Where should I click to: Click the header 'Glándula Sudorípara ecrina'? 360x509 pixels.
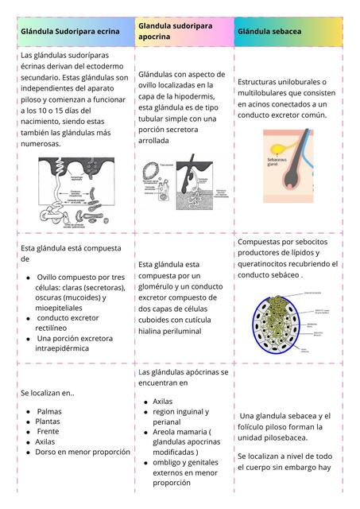70,31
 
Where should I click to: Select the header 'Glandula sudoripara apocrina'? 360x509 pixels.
176,31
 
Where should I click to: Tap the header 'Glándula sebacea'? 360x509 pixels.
269,31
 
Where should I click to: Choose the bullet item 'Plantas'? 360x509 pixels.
48,422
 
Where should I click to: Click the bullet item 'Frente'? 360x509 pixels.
48,431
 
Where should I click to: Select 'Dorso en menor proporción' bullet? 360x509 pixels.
83,451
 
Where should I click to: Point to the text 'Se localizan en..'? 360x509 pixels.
47,392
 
